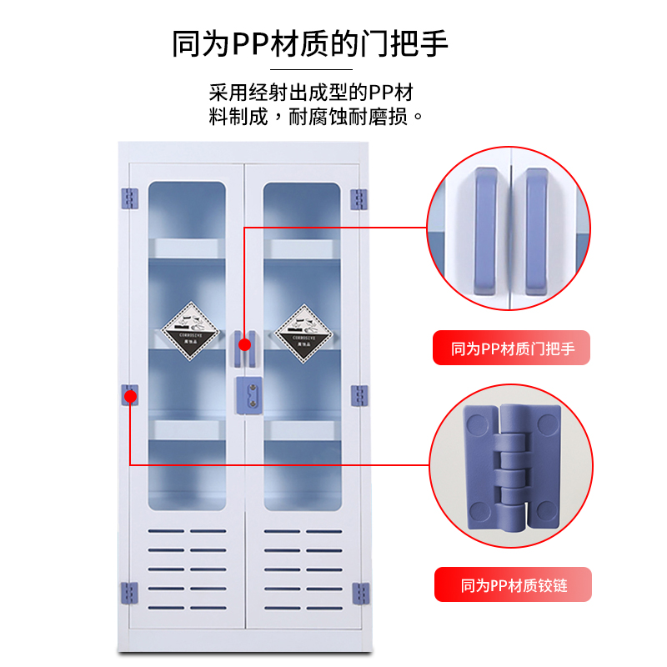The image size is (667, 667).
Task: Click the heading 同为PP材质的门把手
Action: pos(310,43)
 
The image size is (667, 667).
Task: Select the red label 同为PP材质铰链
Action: pos(512,584)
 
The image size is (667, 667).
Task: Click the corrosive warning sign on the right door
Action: pos(301,332)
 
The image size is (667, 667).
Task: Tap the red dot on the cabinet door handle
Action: pos(244,344)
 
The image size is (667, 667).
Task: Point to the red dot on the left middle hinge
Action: pos(131,397)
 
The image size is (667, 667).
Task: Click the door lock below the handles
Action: pos(249,393)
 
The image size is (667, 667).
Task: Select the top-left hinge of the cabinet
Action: pos(129,198)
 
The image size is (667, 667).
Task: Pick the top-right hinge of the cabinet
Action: pos(359,198)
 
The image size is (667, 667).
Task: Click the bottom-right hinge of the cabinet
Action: pos(359,593)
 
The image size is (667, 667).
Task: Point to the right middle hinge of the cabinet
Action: pos(359,395)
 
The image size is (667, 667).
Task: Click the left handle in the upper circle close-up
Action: pos(490,229)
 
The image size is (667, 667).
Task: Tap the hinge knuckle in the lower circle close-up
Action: pos(512,472)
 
